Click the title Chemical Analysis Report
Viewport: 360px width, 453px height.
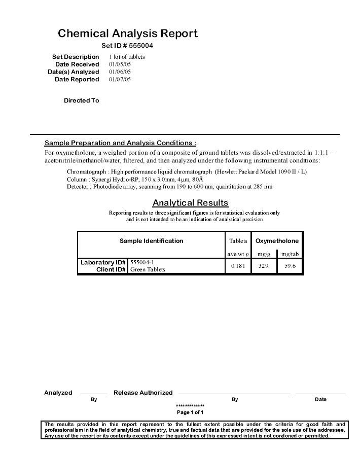coord(127,33)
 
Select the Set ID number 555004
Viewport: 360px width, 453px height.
coord(140,46)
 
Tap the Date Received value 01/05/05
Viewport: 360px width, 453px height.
coord(120,64)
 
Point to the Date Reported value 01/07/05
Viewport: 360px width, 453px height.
coord(120,79)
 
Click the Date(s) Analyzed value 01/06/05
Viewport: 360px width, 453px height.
coord(120,72)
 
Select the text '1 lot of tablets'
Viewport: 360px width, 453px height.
coord(127,57)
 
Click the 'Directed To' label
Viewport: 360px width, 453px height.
coord(81,100)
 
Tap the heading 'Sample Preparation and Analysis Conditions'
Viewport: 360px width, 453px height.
coord(120,143)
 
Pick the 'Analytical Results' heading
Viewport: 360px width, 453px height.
coord(190,203)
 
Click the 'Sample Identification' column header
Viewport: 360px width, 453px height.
coord(151,241)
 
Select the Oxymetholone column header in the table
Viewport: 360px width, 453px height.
coord(277,241)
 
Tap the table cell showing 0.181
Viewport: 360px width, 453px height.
coord(237,266)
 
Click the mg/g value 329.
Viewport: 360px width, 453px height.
coord(264,266)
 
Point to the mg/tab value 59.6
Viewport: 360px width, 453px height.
coord(290,266)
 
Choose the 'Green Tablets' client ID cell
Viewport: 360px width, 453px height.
coord(148,269)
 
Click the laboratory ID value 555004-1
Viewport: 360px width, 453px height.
coord(142,262)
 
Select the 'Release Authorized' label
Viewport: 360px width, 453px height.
coord(143,393)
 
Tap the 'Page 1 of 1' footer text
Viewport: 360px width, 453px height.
coord(190,412)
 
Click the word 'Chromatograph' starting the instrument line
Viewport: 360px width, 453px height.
coord(86,171)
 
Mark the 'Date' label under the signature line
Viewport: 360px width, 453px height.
coord(320,399)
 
